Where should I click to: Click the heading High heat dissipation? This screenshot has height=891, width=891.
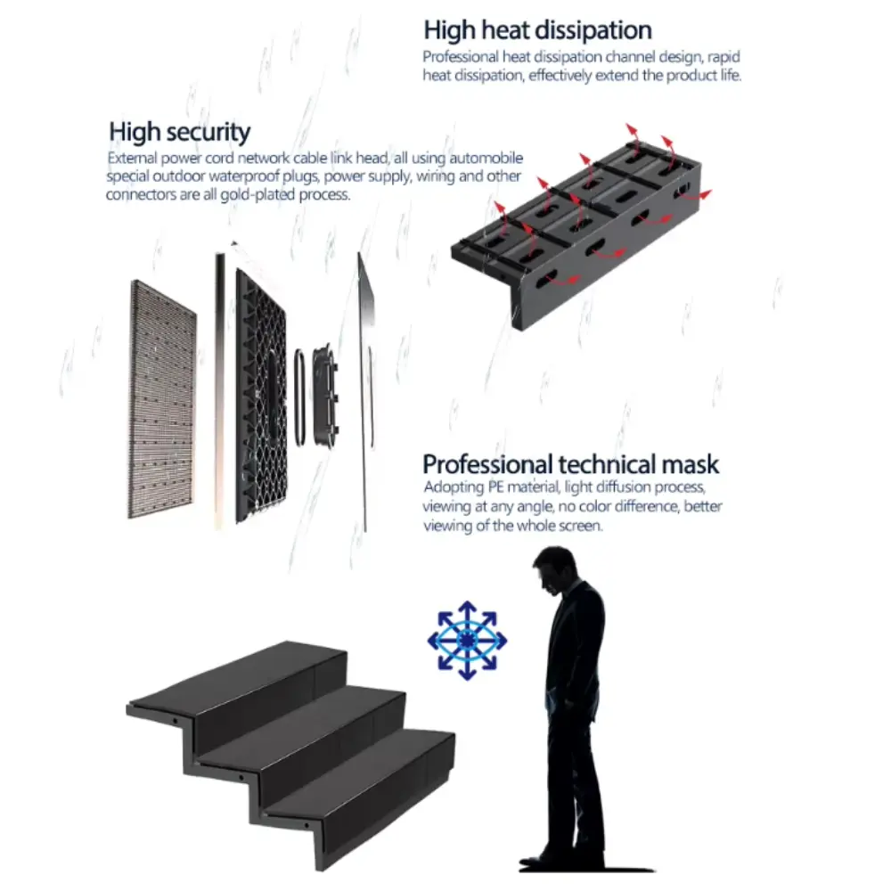(537, 30)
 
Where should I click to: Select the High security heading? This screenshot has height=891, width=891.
(180, 133)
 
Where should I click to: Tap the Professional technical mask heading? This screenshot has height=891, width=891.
(570, 464)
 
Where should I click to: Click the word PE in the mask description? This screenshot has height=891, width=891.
(495, 487)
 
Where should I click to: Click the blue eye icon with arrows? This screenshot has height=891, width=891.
(467, 641)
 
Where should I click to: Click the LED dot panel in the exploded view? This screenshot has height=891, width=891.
(163, 399)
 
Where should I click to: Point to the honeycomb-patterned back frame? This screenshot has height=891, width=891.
(261, 396)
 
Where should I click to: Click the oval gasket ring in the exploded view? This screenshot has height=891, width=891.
(299, 397)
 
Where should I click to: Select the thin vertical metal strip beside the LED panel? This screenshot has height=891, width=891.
(219, 391)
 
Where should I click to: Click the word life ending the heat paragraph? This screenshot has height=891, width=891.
(731, 75)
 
